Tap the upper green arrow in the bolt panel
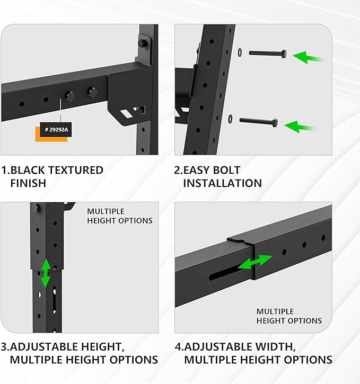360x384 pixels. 309,56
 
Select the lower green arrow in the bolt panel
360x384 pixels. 301,126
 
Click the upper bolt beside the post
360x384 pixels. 268,53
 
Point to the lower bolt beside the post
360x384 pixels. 258,121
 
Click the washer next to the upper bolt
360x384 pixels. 239,52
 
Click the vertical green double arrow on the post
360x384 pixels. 46,273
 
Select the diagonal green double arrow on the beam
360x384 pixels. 254,262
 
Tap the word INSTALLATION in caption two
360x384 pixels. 222,183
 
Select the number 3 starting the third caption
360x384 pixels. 4,347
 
